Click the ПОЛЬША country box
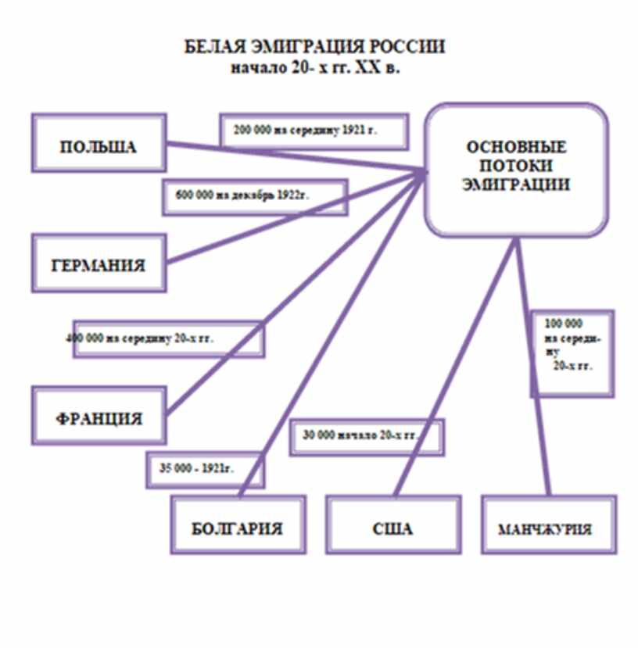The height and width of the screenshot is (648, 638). pyautogui.click(x=99, y=147)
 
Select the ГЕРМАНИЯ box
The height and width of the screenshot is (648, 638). pyautogui.click(x=99, y=264)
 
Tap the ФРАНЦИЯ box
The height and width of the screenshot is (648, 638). pyautogui.click(x=99, y=417)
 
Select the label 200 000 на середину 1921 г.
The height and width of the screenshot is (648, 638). pyautogui.click(x=314, y=131)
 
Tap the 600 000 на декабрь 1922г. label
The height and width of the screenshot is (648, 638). pyautogui.click(x=255, y=195)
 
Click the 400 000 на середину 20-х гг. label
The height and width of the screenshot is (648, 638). pyautogui.click(x=168, y=339)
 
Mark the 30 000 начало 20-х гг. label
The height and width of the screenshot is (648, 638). pyautogui.click(x=366, y=436)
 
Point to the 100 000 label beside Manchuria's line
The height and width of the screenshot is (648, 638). pyautogui.click(x=572, y=353)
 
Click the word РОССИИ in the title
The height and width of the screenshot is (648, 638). pyautogui.click(x=407, y=47)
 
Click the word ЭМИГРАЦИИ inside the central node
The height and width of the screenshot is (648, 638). pyautogui.click(x=515, y=186)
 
